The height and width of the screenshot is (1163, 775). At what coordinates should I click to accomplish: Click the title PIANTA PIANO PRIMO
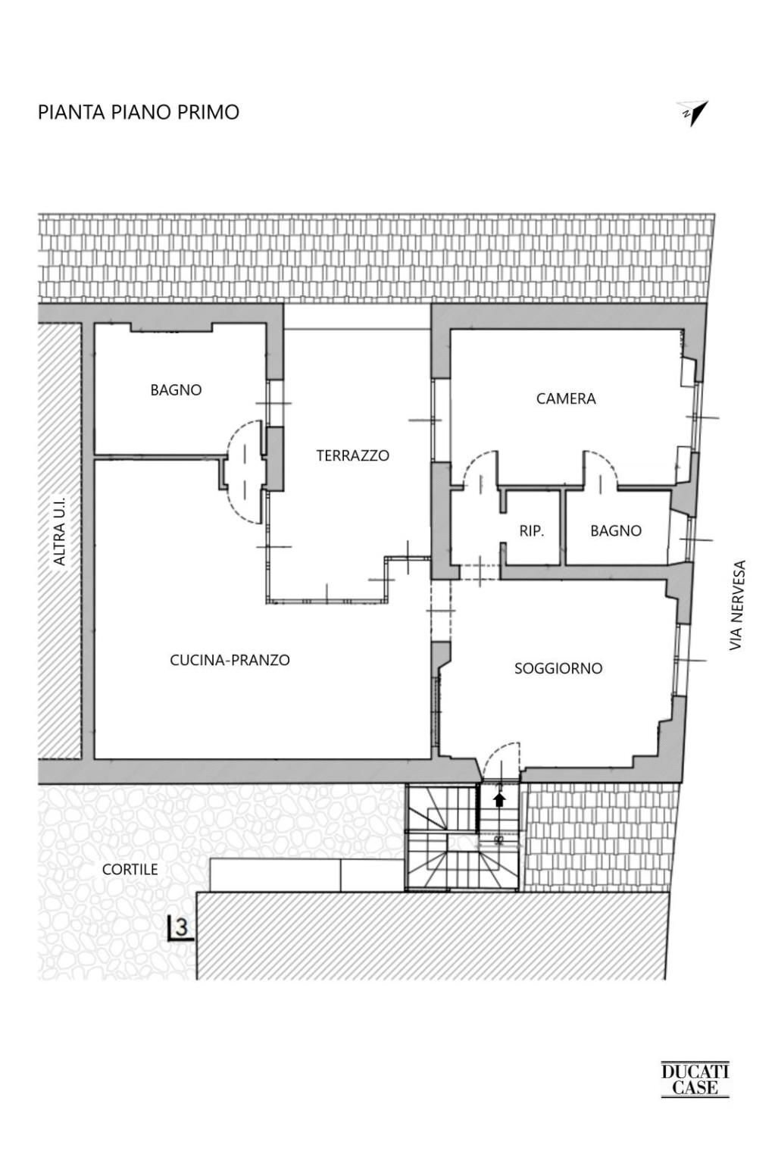point(139,112)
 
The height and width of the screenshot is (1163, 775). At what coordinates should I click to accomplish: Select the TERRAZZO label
point(352,455)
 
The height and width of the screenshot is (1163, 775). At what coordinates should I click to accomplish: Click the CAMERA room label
point(566,399)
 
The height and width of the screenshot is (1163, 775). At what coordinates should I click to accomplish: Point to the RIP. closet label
point(531,531)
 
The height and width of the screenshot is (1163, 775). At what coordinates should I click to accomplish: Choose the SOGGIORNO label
point(558,668)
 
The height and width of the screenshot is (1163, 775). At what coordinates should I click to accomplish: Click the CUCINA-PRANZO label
point(230,660)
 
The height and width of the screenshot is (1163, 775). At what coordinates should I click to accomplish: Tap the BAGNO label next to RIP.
point(615,531)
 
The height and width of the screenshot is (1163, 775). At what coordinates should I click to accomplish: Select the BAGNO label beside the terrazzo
point(176,390)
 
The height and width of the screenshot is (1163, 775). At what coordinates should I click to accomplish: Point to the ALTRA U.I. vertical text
point(60,531)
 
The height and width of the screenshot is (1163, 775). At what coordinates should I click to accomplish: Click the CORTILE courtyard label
point(130,869)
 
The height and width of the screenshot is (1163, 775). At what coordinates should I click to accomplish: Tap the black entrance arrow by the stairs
point(499,799)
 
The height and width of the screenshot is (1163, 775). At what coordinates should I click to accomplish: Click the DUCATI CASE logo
point(695,1079)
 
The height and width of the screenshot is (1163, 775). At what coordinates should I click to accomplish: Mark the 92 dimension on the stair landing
point(498,839)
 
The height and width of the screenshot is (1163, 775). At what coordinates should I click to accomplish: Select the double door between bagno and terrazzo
point(245,470)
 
